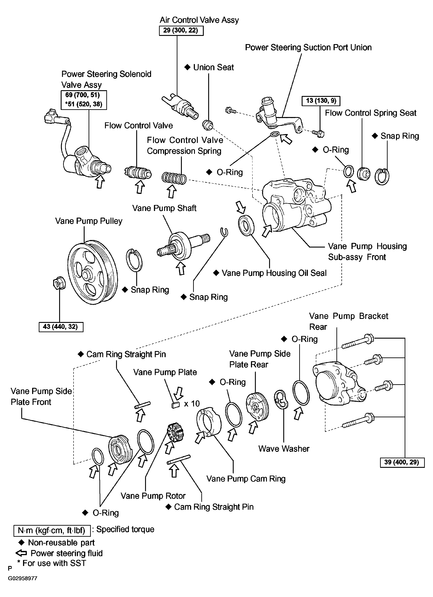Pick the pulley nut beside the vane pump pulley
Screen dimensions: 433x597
click(59, 284)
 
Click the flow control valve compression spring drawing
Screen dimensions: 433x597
click(174, 178)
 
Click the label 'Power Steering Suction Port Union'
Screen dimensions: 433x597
click(308, 47)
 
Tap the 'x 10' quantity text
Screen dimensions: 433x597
click(192, 404)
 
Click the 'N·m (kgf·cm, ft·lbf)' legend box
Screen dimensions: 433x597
click(52, 530)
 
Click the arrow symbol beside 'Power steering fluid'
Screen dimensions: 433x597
click(21, 553)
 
